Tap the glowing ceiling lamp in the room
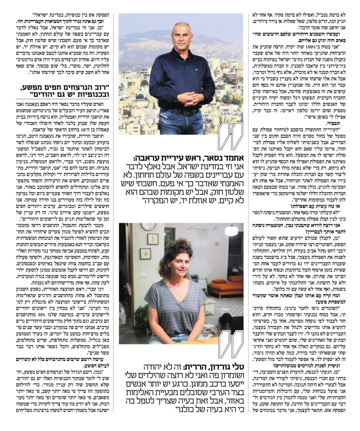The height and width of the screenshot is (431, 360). pos(231,230)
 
